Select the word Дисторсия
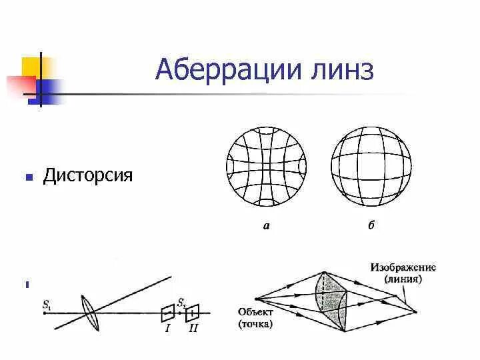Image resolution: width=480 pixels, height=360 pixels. click(88, 176)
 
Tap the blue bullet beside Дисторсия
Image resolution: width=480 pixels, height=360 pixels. click(29, 178)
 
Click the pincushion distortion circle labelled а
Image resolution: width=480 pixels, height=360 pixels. click(267, 166)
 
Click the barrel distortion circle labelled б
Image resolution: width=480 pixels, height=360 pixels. click(371, 166)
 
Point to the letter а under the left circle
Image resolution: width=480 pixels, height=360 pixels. click(266, 225)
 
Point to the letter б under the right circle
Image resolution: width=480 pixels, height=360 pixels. click(371, 225)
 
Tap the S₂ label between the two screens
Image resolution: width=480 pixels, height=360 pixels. click(181, 302)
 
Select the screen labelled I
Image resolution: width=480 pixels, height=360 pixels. click(169, 312)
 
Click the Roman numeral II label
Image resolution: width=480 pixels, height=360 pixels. click(193, 329)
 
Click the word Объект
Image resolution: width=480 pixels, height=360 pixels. click(254, 312)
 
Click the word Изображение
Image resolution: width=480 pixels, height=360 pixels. click(403, 267)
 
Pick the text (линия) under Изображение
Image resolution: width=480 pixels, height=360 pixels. click(403, 279)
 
